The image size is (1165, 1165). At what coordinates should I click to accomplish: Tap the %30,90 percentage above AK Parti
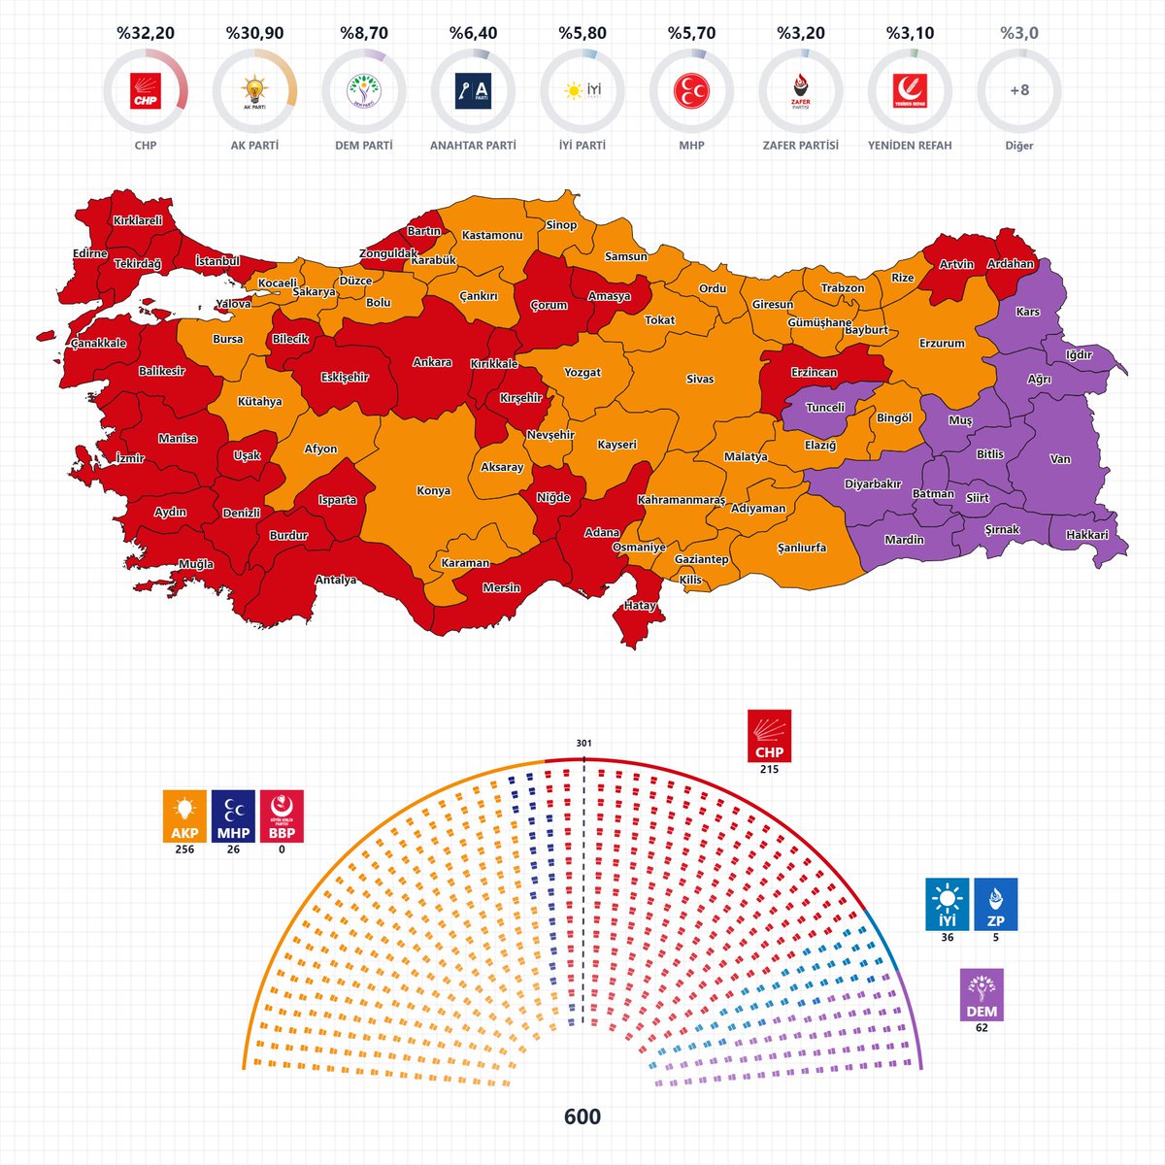tap(254, 33)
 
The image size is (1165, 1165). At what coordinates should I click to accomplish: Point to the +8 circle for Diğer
tap(1019, 91)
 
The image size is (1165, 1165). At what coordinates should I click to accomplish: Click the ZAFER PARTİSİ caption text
tap(801, 146)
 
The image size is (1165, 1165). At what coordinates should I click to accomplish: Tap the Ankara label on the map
tap(432, 362)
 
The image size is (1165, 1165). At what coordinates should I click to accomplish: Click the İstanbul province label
tap(217, 261)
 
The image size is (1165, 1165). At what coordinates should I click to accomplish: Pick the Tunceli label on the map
tap(825, 408)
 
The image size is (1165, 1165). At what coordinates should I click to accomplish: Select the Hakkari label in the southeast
tap(1086, 535)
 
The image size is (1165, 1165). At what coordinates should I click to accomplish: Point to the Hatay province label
tap(640, 606)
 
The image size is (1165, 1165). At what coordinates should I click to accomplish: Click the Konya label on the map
tap(433, 490)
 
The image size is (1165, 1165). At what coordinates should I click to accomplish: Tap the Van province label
tap(1060, 459)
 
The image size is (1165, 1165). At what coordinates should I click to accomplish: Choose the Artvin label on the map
tap(956, 265)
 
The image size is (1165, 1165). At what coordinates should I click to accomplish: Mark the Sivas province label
tap(699, 379)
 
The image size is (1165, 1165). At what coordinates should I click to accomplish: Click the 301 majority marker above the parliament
tap(583, 744)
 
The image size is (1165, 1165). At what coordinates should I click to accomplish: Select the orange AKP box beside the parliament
tap(184, 815)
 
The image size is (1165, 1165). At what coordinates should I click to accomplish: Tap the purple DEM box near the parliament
tap(982, 994)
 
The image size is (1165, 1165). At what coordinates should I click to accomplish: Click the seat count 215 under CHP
tap(769, 770)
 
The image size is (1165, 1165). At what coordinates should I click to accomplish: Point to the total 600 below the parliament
tap(582, 1116)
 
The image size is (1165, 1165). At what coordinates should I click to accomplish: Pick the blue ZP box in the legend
tap(996, 904)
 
